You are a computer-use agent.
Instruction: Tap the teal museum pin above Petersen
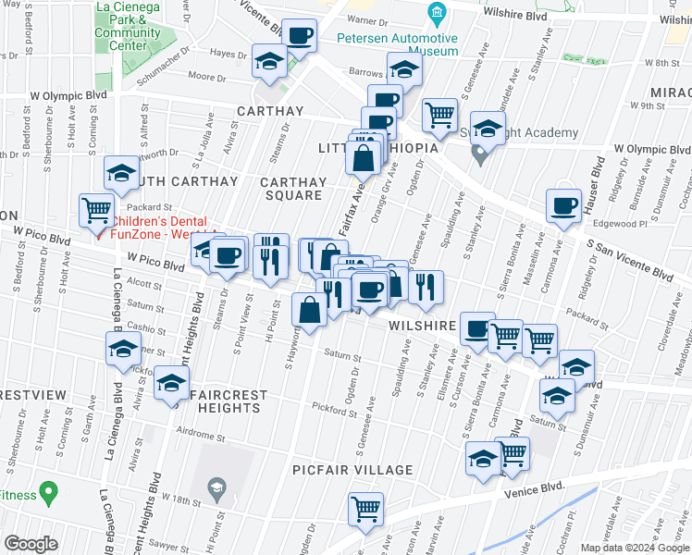[438, 13]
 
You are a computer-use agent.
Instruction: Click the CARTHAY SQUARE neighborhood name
[290, 188]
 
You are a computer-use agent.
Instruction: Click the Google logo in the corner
[31, 544]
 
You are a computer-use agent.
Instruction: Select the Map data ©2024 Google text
[635, 548]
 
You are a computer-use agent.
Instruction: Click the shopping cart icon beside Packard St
[97, 211]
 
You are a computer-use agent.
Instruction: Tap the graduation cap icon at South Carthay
[121, 173]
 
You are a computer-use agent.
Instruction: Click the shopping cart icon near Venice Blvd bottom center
[366, 508]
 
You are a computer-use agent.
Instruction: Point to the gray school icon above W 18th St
[216, 487]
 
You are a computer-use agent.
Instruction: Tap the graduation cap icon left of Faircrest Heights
[170, 382]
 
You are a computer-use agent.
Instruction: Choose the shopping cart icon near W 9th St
[439, 115]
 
